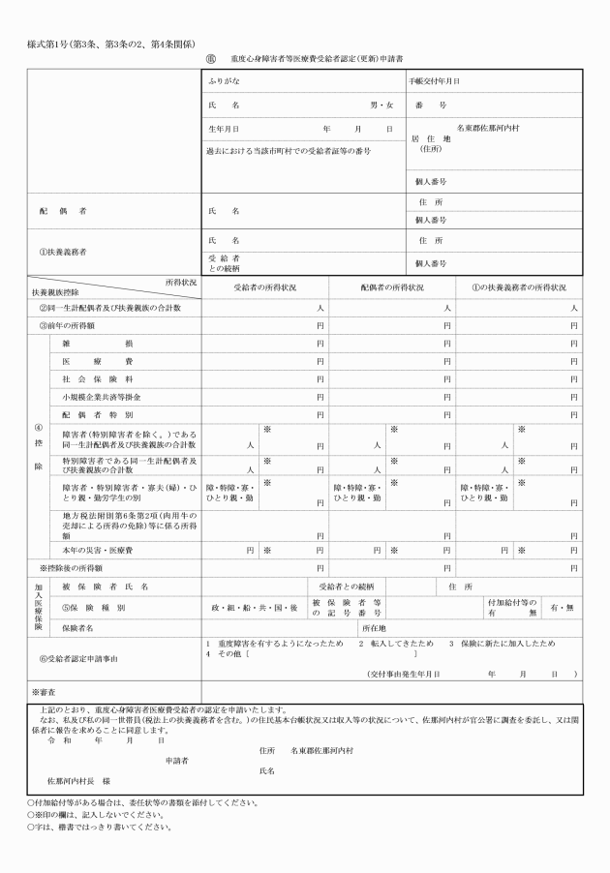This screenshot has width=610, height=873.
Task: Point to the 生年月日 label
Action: [x=224, y=128]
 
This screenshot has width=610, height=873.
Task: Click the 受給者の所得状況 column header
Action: [x=264, y=287]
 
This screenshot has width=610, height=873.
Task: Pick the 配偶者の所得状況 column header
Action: [x=391, y=287]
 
